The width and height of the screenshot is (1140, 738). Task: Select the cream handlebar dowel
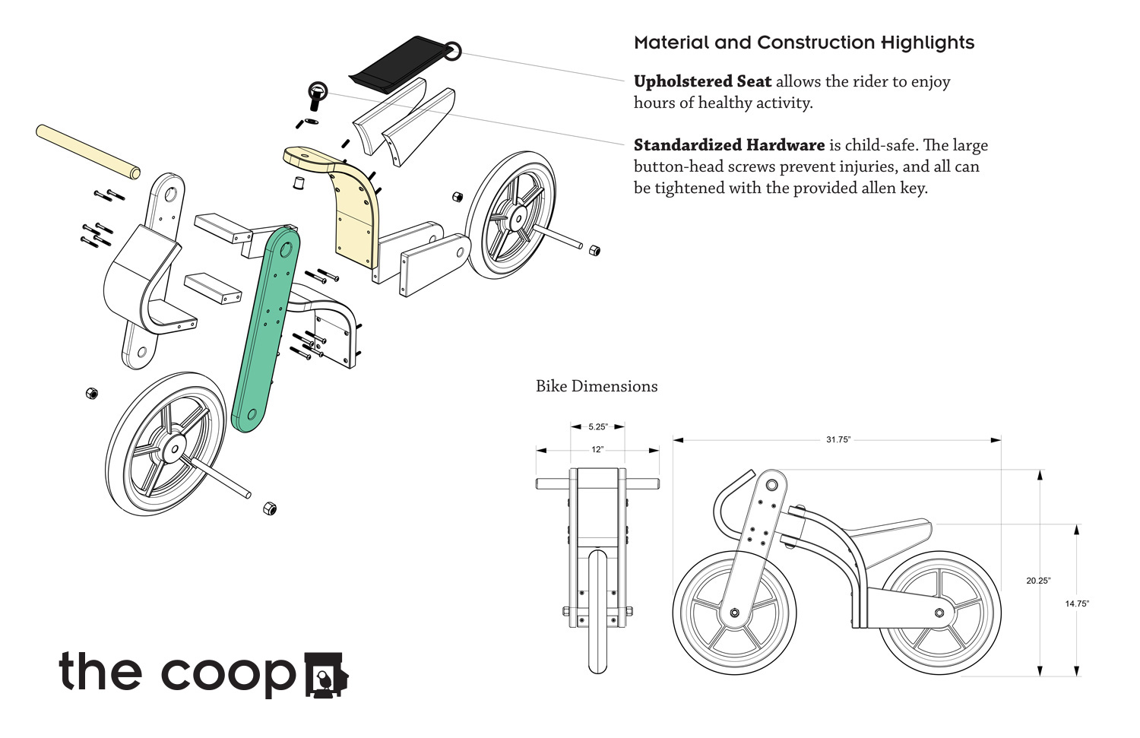pos(88,152)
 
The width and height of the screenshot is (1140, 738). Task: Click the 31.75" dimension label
pos(838,440)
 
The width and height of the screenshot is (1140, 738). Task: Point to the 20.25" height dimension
pos(1038,581)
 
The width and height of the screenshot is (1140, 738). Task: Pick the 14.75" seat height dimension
pos(1077,603)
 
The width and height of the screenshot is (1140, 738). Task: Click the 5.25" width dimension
pos(598,427)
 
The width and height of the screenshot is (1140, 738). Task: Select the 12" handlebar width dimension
pos(597,450)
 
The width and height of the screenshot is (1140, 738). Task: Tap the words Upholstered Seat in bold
pos(702,81)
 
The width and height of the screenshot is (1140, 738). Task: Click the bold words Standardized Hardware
pos(729,145)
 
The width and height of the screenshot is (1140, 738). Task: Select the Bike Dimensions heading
pos(597,386)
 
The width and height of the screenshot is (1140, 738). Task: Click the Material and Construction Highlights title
pos(804,43)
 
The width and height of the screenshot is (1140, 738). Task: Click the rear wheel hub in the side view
pos(939,613)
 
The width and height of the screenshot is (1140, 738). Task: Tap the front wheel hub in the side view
pos(734,613)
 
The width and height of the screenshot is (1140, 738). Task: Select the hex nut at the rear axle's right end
pos(594,250)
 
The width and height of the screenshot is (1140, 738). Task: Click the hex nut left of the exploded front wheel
pos(92,393)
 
